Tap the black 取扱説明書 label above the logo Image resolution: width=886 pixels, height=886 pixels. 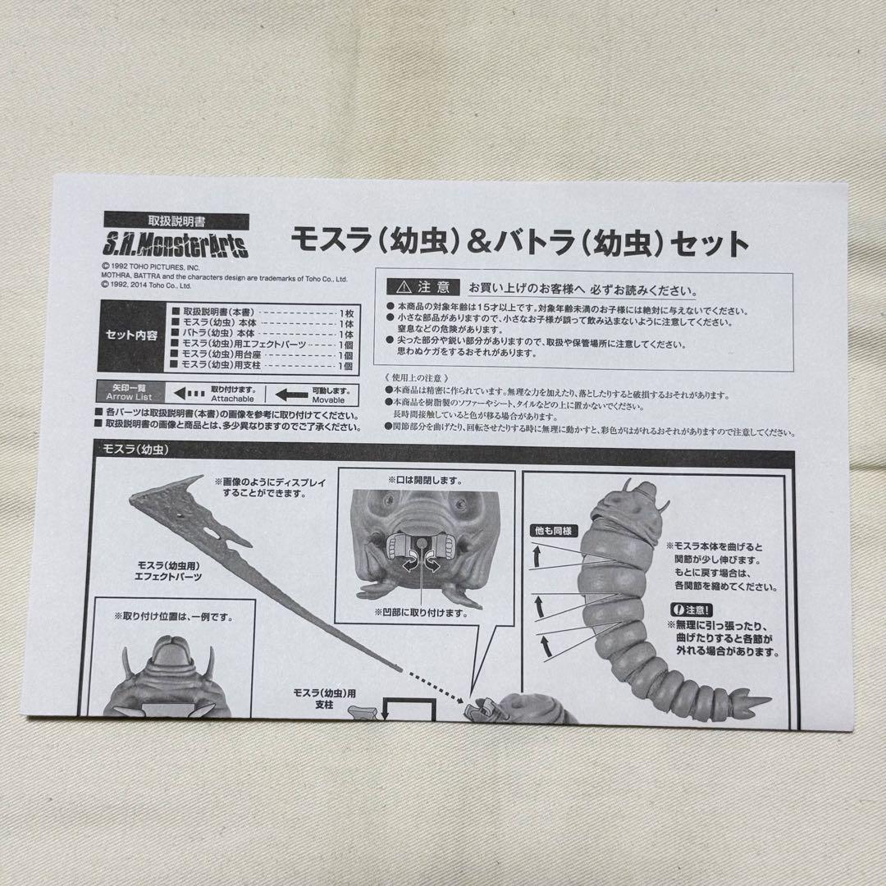(x=176, y=221)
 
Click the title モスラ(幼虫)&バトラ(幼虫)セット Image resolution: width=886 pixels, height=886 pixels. (x=520, y=243)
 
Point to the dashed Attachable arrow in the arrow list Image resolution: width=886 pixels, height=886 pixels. (x=188, y=393)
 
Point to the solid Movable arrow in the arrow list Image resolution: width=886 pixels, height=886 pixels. (x=292, y=394)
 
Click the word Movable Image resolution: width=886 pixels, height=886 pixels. (x=328, y=400)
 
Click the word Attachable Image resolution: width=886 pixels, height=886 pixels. (x=233, y=399)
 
